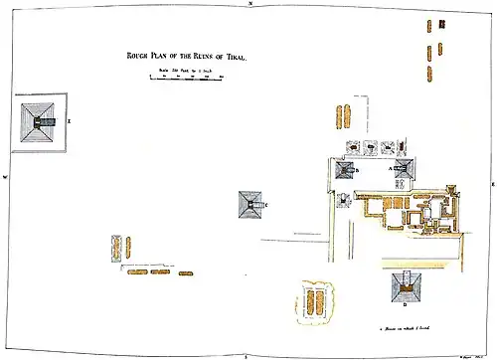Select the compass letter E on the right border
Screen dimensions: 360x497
pos(492,185)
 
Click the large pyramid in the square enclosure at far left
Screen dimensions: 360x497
pos(39,123)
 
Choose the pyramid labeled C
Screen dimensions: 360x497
pos(249,206)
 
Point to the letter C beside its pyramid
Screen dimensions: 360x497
pos(265,205)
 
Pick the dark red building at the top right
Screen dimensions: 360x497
pos(430,24)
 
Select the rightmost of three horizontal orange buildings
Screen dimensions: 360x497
pos(184,270)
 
